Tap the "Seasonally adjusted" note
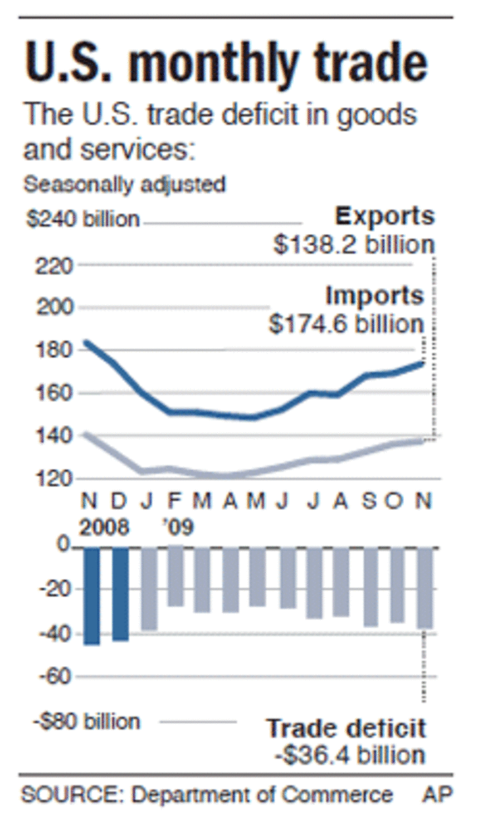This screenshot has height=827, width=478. (x=124, y=185)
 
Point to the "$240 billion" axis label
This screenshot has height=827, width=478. (x=82, y=220)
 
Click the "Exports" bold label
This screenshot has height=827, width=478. (x=384, y=216)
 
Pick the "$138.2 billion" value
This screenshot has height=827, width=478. (x=353, y=245)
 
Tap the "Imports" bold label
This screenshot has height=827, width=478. (x=374, y=295)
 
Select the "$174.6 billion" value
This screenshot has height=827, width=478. (x=347, y=324)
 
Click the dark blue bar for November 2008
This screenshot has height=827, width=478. (x=91, y=596)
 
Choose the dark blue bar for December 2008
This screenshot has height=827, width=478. (x=120, y=594)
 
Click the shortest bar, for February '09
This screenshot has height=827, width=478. (x=176, y=576)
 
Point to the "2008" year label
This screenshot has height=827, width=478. (x=104, y=527)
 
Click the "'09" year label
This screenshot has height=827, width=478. (x=179, y=527)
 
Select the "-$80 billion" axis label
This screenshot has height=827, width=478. (x=86, y=721)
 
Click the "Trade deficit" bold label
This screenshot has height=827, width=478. (x=347, y=728)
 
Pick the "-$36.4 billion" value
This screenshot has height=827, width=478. (x=350, y=754)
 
